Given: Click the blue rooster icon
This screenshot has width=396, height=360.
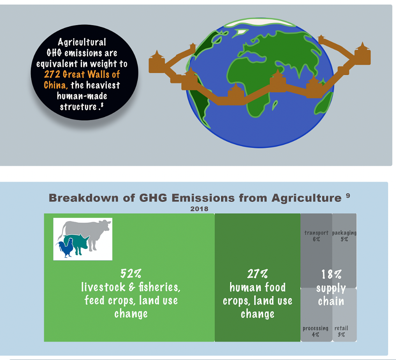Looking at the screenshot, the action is [65, 248].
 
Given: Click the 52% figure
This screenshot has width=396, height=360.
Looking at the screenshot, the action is [131, 273].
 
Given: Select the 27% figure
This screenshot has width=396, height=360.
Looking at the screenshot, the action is [257, 274].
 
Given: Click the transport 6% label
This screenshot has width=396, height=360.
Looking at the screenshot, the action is [316, 236].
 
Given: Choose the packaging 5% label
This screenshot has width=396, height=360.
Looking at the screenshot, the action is [344, 236].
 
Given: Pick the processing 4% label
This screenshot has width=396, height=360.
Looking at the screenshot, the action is [315, 331].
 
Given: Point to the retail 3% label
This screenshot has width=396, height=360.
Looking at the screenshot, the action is [341, 331].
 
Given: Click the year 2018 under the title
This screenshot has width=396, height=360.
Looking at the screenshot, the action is [199, 209].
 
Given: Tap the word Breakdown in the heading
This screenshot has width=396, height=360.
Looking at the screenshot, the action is [83, 198].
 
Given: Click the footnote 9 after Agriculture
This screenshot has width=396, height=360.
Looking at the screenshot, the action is [348, 195].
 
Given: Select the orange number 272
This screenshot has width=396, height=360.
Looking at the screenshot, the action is [52, 74].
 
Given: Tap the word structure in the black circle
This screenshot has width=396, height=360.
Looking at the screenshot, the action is [78, 107].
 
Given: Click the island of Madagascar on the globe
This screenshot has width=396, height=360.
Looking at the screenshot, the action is [275, 105].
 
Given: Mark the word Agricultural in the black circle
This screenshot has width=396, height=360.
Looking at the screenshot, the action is [82, 42].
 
